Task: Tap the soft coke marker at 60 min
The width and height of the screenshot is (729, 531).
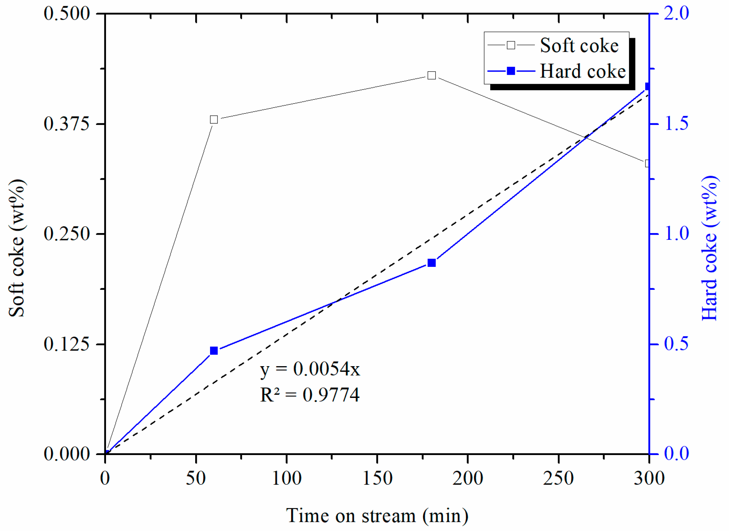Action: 214,119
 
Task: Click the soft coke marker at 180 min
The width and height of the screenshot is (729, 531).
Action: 431,75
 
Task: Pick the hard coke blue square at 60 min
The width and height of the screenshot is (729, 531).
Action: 214,351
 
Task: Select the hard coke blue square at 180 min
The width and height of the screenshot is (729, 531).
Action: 431,263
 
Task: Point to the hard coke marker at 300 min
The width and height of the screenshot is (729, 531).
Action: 647,87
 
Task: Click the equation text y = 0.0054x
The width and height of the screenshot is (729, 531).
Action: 310,369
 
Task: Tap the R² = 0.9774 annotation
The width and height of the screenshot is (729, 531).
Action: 310,395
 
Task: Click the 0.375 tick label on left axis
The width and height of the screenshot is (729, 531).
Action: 67,124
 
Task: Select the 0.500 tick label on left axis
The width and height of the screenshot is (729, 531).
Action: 67,14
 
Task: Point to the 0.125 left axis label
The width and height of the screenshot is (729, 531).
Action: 67,344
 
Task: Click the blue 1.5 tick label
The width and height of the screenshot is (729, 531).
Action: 676,124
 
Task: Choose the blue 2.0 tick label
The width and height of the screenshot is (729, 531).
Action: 676,14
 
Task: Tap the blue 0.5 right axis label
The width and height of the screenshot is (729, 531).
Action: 676,344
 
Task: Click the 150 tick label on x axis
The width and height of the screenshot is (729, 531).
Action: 377,478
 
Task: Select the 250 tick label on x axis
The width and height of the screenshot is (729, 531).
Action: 558,478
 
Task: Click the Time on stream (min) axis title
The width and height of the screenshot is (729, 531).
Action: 377,516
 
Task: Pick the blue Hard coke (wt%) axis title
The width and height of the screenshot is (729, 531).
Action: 709,248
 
